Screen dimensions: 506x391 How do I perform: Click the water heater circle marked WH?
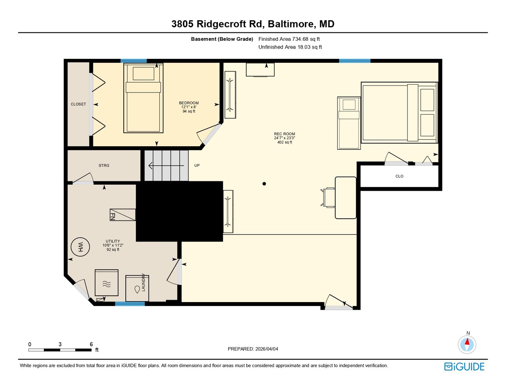coord(80,247)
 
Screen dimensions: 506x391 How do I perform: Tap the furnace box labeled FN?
coord(123,215)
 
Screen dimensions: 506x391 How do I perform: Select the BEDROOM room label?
coord(189,103)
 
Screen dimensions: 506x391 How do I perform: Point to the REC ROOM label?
coord(284,134)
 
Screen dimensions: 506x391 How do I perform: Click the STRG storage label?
coord(104,165)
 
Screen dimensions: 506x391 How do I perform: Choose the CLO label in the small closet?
coord(399,176)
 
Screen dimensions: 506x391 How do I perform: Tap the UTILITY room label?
coord(113,241)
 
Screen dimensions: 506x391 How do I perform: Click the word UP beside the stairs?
coord(197,166)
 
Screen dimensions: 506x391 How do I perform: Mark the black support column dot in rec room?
coord(264,184)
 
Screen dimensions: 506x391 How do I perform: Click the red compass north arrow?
coord(467,342)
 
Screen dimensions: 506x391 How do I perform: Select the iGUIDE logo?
coord(464,366)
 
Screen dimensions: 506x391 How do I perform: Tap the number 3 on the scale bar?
coord(60,344)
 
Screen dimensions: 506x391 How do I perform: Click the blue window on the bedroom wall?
coord(134,61)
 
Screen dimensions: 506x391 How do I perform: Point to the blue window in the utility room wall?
coord(130,304)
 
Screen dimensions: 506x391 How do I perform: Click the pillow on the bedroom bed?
coord(143,74)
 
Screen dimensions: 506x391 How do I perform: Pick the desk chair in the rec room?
coord(328,198)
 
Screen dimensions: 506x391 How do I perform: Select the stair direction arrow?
coord(166,166)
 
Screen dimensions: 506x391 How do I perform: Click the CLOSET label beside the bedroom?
coord(78,104)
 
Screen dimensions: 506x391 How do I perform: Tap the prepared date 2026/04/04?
coord(266,349)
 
